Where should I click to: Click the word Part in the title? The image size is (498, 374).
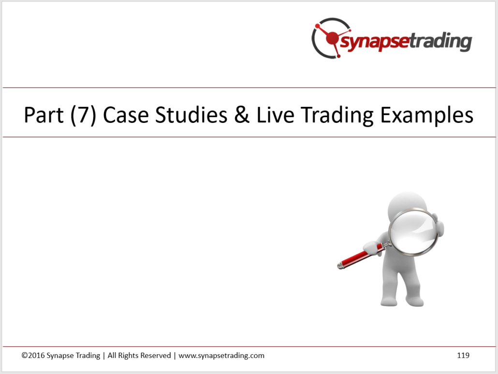(x=44, y=115)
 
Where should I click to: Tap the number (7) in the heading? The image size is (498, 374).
(x=83, y=115)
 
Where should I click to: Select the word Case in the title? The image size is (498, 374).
(x=126, y=115)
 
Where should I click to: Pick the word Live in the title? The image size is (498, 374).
(x=275, y=115)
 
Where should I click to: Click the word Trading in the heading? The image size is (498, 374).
(x=337, y=116)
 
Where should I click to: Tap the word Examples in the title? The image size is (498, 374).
(x=427, y=116)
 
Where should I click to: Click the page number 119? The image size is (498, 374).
(x=463, y=355)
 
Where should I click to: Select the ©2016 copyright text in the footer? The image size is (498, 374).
(x=33, y=355)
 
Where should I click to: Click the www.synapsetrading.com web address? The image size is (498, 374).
(x=221, y=356)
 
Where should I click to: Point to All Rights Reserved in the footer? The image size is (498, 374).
(x=139, y=356)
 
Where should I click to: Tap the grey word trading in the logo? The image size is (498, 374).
(x=440, y=41)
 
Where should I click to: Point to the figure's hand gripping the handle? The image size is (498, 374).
(x=372, y=247)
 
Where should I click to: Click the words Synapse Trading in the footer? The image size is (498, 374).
(x=73, y=356)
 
